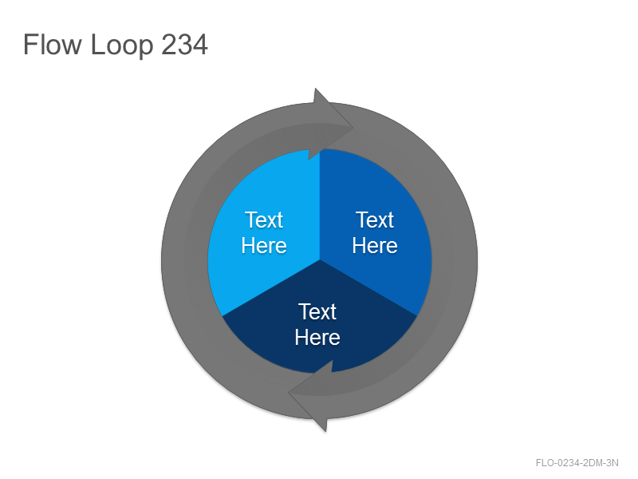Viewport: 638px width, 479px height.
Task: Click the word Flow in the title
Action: tap(52, 44)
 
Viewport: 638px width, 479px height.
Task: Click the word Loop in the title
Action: tap(122, 46)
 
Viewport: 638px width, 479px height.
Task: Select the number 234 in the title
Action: tap(185, 45)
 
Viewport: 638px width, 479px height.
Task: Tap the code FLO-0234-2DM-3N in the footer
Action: tap(577, 463)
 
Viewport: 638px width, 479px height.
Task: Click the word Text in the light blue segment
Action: tap(264, 220)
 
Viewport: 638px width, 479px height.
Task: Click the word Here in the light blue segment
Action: tap(264, 246)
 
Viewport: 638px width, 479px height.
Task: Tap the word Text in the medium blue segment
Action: tap(375, 220)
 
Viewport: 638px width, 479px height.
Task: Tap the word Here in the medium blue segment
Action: tap(375, 246)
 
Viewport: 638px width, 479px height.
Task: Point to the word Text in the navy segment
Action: tap(317, 311)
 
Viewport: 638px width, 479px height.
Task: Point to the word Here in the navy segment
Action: tap(317, 337)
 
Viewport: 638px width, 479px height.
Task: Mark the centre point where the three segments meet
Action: tap(320, 260)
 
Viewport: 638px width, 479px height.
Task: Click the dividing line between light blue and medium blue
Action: tap(320, 204)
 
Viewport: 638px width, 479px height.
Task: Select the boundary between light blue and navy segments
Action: tap(271, 288)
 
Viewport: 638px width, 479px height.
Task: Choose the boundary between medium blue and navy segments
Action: tap(368, 288)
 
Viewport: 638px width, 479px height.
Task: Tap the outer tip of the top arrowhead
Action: tap(352, 128)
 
